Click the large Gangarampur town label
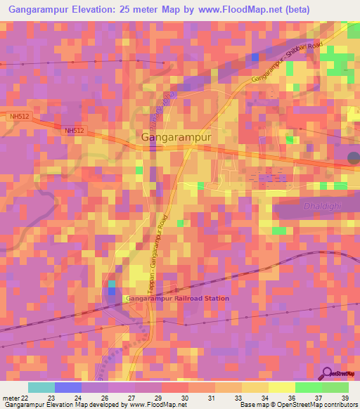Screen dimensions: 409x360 (x=176, y=138)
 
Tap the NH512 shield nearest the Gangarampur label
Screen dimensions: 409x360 (x=74, y=131)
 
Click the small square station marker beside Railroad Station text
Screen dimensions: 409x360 (x=124, y=299)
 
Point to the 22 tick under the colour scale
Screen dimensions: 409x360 (x=26, y=397)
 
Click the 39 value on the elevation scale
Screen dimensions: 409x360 (x=345, y=397)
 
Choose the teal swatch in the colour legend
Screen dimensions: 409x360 (x=41, y=387)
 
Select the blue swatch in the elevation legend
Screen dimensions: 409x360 (x=68, y=387)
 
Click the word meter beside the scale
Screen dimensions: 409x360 (x=10, y=397)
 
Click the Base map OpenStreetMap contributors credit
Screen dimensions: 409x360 (x=297, y=405)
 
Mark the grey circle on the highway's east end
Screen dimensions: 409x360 (x=354, y=157)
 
